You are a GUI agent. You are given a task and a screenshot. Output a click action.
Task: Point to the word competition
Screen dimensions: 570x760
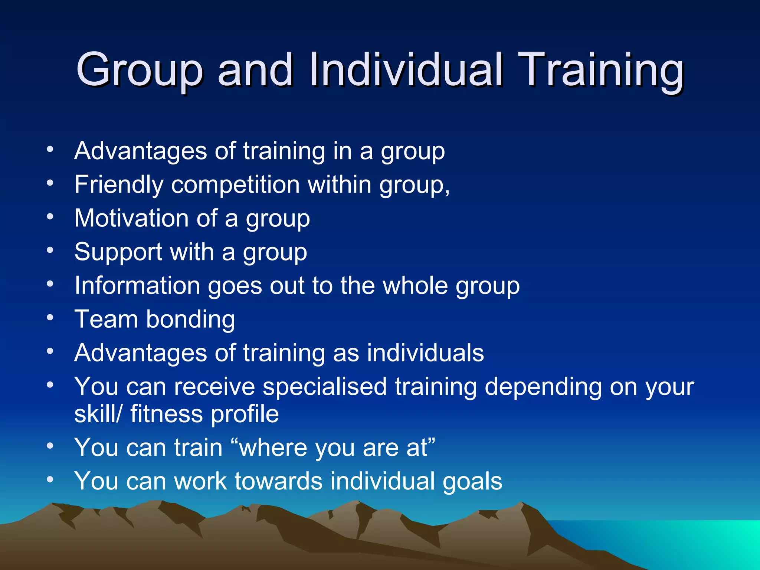235,185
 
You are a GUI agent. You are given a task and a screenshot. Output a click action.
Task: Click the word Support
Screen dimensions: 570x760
118,252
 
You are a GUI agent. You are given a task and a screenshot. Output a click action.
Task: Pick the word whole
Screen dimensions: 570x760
415,286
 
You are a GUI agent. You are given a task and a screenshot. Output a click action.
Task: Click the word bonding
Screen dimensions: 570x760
190,320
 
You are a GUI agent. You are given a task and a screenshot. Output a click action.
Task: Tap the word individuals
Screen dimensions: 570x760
425,353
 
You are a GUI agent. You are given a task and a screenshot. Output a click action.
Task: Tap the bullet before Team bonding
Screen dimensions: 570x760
50,318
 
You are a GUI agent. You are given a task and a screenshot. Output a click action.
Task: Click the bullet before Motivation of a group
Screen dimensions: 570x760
50,217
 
